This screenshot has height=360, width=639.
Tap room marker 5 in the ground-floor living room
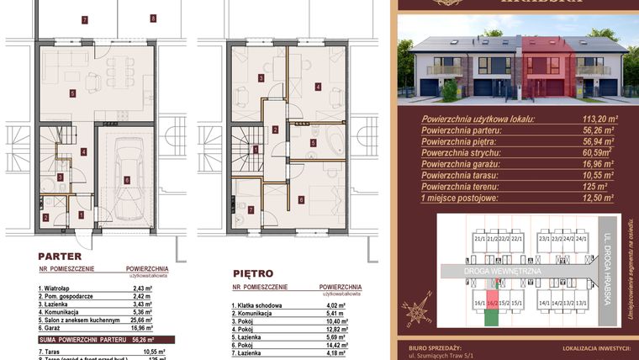click(x=74, y=93)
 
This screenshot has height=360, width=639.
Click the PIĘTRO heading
click(x=252, y=273)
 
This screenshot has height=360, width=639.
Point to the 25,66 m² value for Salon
click(x=136, y=320)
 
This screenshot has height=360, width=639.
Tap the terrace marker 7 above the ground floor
click(x=83, y=19)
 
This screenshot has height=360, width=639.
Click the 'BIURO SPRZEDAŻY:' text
click(x=440, y=347)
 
